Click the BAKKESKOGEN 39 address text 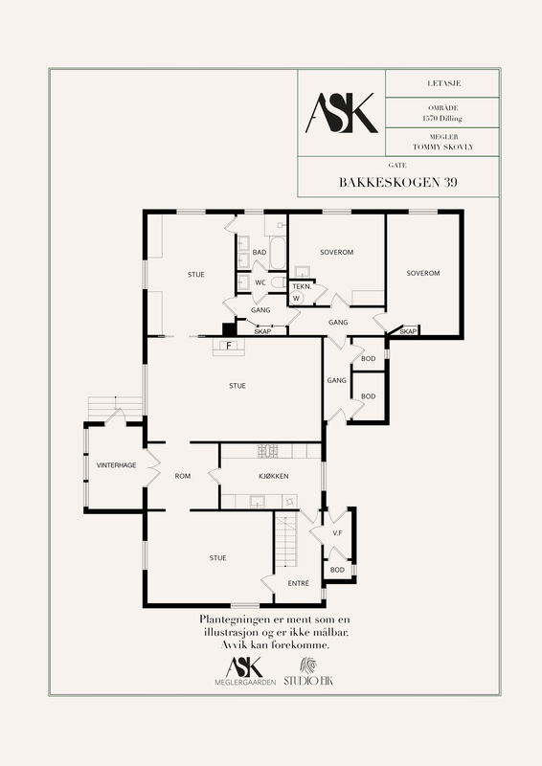[x=398, y=182]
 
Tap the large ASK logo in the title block [x=342, y=113]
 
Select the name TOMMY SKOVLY [x=442, y=146]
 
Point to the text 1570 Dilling [x=442, y=118]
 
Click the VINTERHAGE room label [x=116, y=465]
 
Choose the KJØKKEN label [x=274, y=476]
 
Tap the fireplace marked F [x=228, y=347]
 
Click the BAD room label [x=260, y=252]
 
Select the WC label [x=260, y=282]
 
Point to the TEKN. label [x=302, y=286]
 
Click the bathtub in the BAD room [x=277, y=253]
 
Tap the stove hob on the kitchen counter [x=268, y=451]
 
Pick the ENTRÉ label [x=298, y=583]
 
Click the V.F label [x=337, y=533]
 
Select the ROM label [x=183, y=476]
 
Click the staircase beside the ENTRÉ [x=286, y=539]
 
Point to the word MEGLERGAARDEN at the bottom [x=245, y=683]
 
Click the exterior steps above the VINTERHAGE [x=115, y=407]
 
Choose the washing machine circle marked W [x=296, y=298]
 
